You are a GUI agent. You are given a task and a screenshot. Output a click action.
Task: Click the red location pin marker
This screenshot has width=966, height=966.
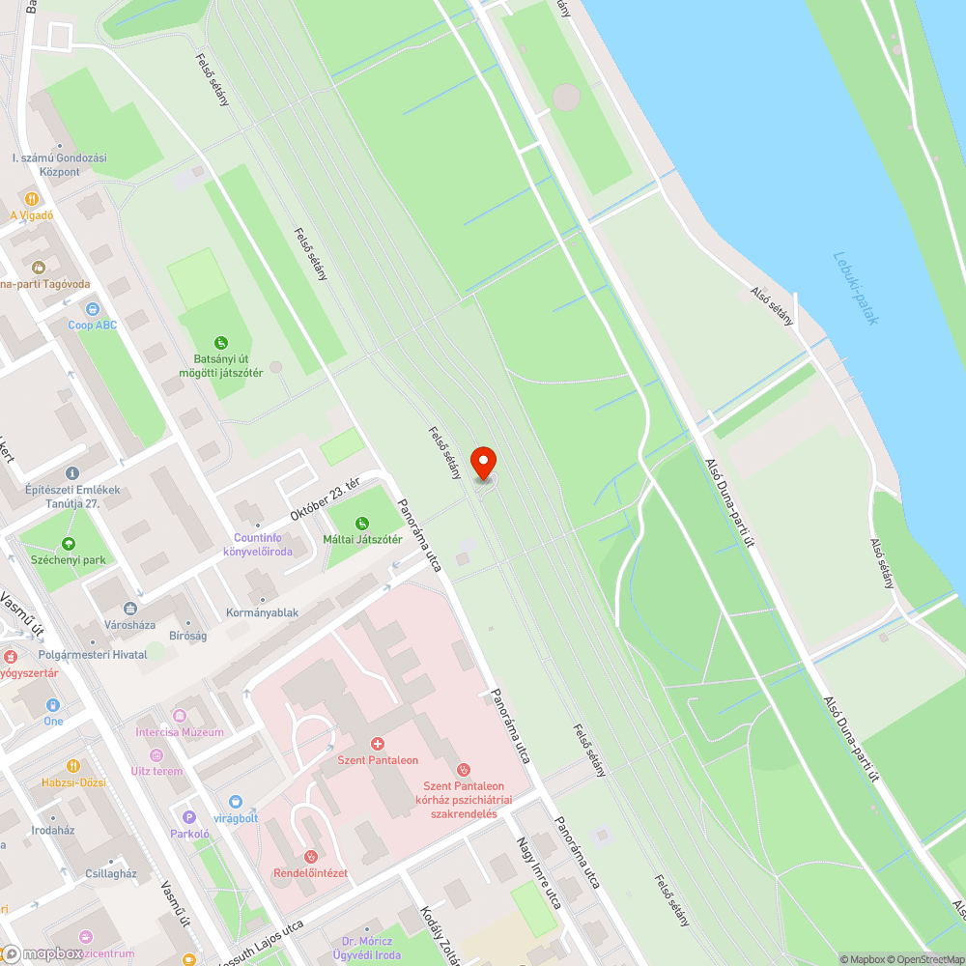482,463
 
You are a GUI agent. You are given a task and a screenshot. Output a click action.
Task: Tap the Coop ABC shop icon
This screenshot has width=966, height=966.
92,309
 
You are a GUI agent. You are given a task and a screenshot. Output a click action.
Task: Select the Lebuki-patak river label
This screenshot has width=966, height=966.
856,288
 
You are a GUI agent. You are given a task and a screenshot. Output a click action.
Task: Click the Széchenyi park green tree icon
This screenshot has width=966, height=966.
68,544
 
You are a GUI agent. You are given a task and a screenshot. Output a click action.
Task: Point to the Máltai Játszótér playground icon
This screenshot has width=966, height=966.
362,523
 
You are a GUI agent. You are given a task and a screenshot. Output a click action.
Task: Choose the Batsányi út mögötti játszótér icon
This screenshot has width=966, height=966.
221,341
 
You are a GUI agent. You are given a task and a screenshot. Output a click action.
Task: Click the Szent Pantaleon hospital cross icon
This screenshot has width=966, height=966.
377,744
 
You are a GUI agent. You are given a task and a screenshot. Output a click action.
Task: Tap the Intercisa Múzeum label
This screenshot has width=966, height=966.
180,732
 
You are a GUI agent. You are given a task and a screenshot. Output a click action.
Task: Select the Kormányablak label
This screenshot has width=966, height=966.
262,612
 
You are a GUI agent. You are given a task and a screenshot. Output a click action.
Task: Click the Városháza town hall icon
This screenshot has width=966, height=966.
130,609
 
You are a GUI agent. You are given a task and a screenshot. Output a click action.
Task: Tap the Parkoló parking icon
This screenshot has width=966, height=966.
189,816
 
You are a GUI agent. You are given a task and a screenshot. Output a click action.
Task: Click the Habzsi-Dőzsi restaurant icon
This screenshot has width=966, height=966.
73,766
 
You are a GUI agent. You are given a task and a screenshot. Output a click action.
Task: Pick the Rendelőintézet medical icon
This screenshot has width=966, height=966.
310,856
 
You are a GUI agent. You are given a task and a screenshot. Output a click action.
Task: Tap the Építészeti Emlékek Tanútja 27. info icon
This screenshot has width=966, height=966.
72,473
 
